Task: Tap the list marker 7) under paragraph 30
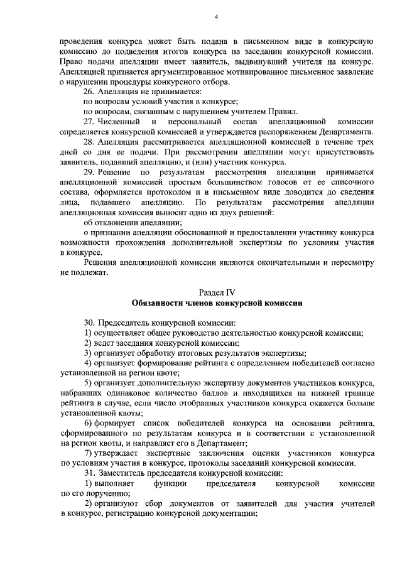click(x=88, y=453)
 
